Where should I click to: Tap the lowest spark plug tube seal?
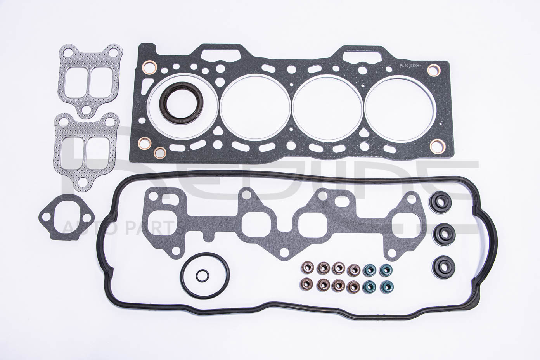click(x=441, y=266)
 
